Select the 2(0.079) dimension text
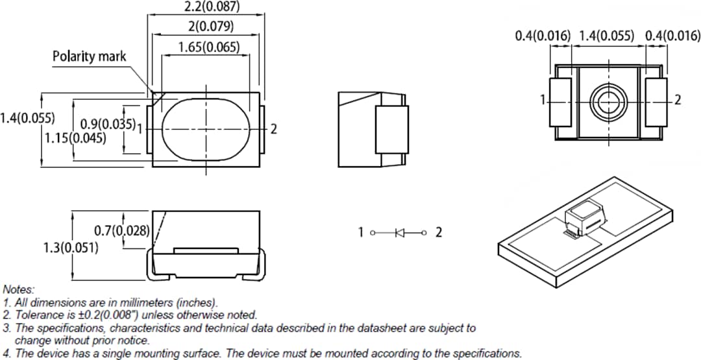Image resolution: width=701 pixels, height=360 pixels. coord(207,27)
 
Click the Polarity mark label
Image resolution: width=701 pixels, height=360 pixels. coord(90,56)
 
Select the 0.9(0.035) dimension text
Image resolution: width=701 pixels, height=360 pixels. coord(108,124)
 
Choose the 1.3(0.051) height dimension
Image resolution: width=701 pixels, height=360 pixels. coord(71,248)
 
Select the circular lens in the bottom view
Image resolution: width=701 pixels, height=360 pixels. coord(608,101)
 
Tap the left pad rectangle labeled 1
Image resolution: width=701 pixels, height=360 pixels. coord(560,102)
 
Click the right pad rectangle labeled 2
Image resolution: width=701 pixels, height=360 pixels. coord(656,102)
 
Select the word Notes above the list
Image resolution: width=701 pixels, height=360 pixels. coord(19,289)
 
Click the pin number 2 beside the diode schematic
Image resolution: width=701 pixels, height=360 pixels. coord(438,232)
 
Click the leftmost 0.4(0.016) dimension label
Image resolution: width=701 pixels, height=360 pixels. coord(543,36)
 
